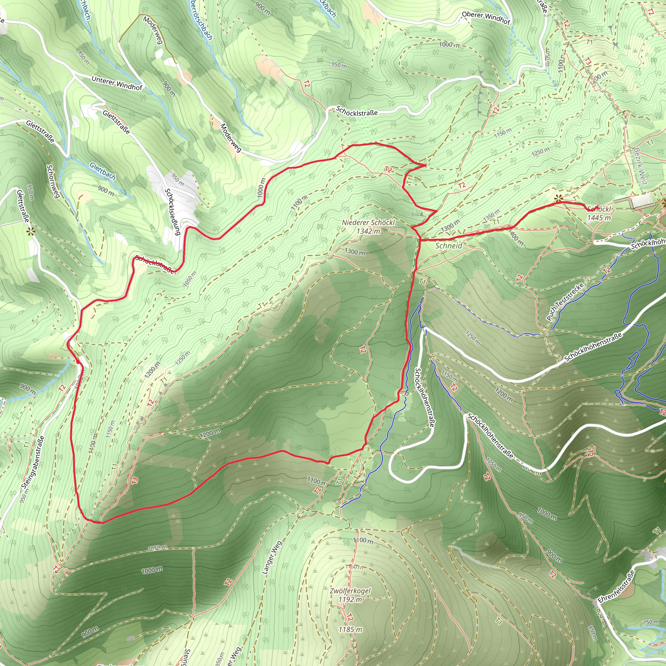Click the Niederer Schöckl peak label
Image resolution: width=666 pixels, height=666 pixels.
[368, 223]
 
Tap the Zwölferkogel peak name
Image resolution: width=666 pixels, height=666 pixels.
[350, 591]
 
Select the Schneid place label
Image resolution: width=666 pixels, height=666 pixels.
[448, 246]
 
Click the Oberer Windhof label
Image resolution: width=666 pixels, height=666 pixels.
[486, 18]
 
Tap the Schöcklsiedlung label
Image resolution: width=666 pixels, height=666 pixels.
[173, 212]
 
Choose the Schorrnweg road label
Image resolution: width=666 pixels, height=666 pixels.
[53, 181]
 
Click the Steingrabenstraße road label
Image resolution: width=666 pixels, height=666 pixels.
[33, 462]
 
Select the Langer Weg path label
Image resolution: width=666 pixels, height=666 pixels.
[272, 557]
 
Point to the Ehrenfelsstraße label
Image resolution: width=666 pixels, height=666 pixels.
[616, 587]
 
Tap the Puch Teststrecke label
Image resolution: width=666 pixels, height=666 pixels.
[565, 302]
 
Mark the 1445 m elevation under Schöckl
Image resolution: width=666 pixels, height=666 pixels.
[599, 218]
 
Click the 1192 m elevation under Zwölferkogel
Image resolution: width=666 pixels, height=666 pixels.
[350, 599]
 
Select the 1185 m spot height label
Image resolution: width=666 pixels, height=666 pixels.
[350, 630]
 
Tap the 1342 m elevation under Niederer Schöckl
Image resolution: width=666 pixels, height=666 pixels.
[368, 231]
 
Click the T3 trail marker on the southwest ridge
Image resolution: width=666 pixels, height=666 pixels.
[135, 480]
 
